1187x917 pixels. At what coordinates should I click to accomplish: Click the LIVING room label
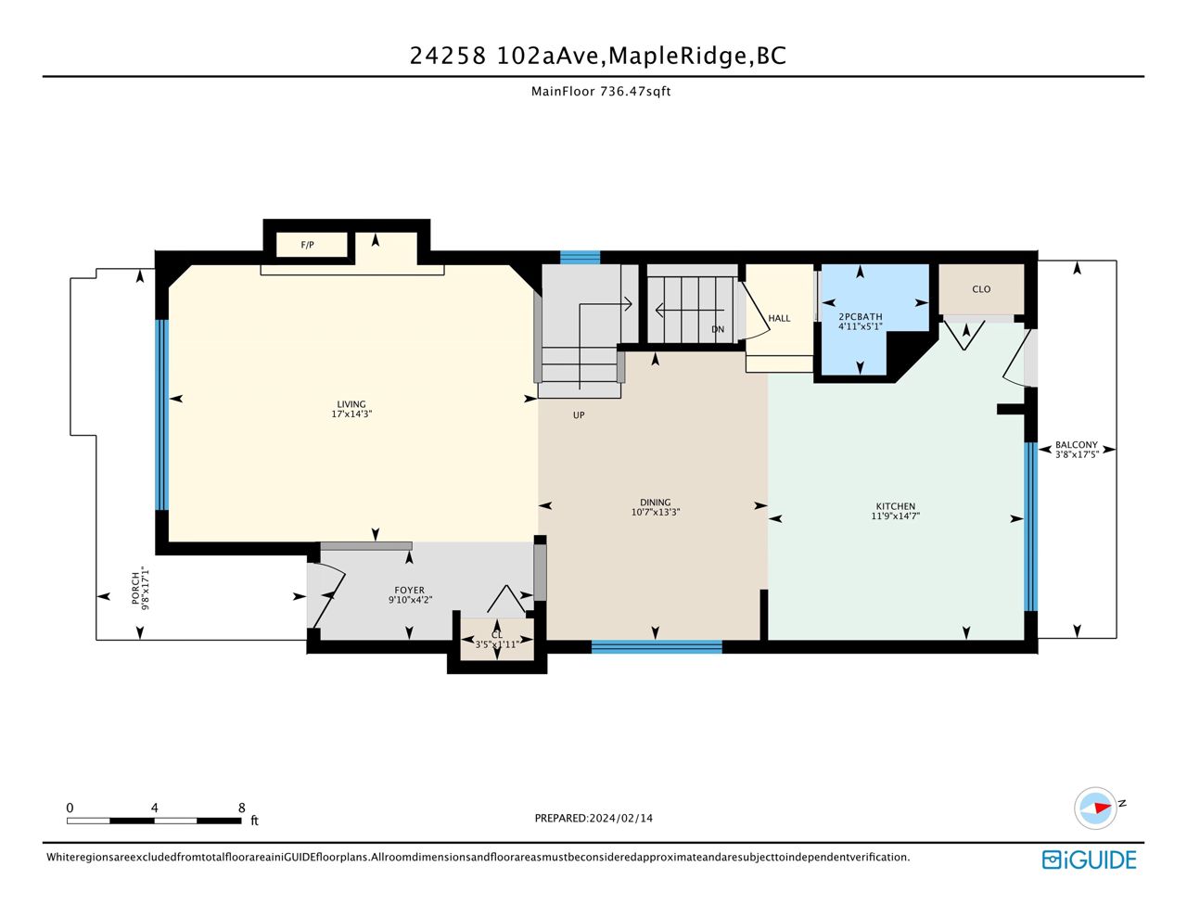pyautogui.click(x=351, y=404)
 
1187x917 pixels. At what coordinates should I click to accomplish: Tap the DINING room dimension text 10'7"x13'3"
pyautogui.click(x=655, y=513)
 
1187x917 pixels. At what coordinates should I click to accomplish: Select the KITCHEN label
pyautogui.click(x=895, y=506)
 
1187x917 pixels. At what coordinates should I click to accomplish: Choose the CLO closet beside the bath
pyautogui.click(x=981, y=289)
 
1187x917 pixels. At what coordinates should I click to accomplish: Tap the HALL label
pyautogui.click(x=779, y=318)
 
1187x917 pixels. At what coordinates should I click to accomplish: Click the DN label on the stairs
pyautogui.click(x=718, y=329)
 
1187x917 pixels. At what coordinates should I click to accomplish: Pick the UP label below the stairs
pyautogui.click(x=579, y=415)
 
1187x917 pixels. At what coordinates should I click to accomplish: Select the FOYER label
pyautogui.click(x=409, y=591)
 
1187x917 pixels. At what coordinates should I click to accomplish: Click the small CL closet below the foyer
pyautogui.click(x=496, y=639)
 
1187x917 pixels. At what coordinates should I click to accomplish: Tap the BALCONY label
pyautogui.click(x=1076, y=445)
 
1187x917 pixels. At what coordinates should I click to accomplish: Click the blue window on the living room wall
pyautogui.click(x=161, y=415)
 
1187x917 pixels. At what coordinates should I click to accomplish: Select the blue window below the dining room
pyautogui.click(x=657, y=647)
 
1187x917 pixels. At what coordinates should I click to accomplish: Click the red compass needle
pyautogui.click(x=1103, y=808)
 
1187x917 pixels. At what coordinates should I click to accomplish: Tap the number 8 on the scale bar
pyautogui.click(x=241, y=808)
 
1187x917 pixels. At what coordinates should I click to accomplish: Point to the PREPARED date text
pyautogui.click(x=593, y=818)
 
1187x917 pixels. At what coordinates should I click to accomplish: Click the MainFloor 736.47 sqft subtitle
pyautogui.click(x=601, y=91)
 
